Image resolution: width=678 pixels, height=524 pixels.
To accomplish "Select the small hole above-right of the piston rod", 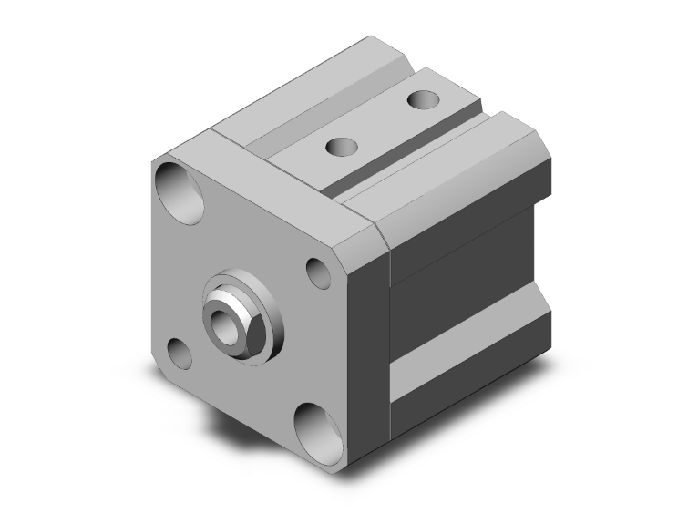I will click(318, 270).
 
